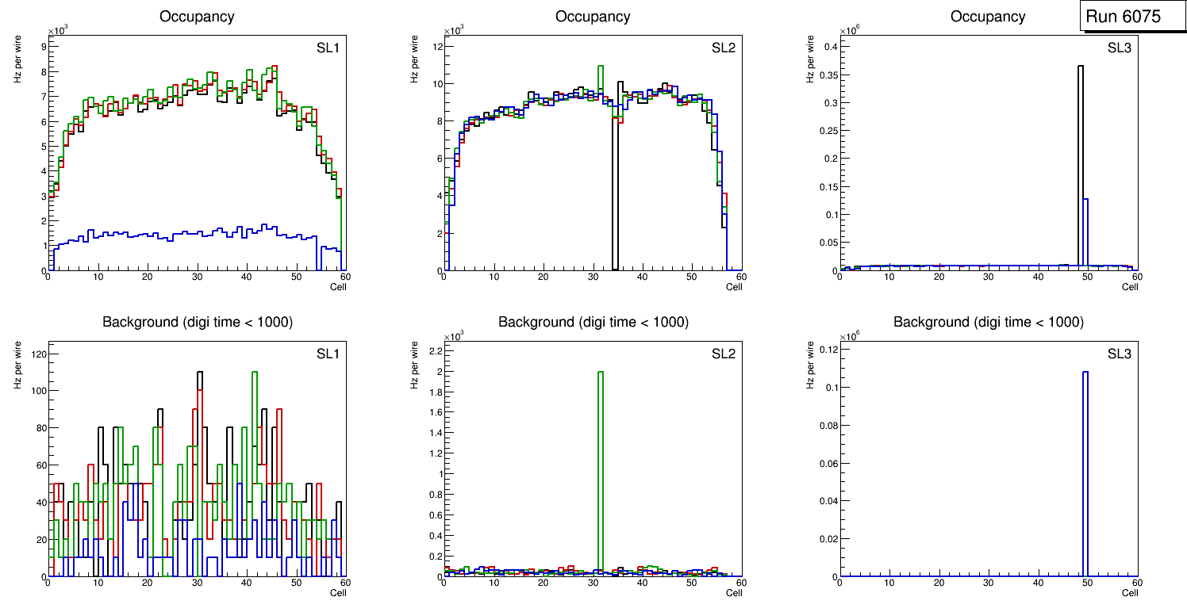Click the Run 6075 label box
tap(1127, 17)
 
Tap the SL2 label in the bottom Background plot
tap(723, 353)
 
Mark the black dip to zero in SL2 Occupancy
tap(615, 198)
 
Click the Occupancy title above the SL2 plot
tap(593, 17)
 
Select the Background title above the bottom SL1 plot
tap(197, 322)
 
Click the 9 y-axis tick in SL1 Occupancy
tap(42, 47)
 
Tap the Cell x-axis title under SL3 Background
tap(1130, 592)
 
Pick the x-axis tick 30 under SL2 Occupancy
tap(592, 277)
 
